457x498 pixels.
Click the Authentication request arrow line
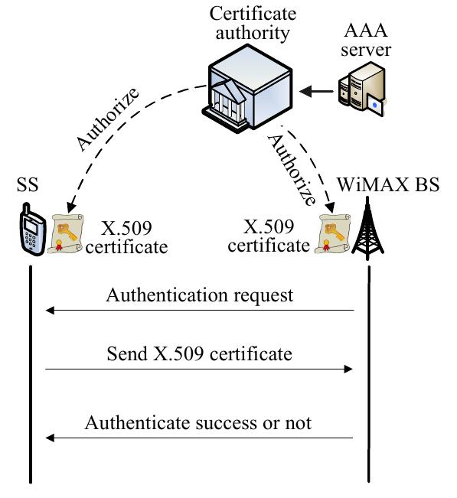(x=199, y=311)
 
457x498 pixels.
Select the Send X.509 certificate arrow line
(x=199, y=369)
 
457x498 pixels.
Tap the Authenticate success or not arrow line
(x=199, y=438)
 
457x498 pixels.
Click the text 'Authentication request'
(x=199, y=295)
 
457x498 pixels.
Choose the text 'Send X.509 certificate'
(x=199, y=353)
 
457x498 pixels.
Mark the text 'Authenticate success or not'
(x=198, y=422)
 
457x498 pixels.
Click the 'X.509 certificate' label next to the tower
(x=273, y=236)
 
